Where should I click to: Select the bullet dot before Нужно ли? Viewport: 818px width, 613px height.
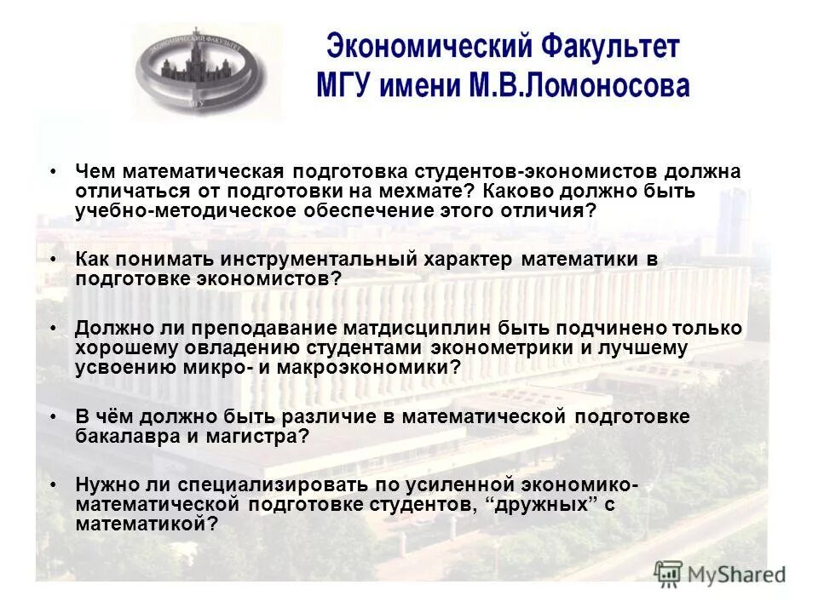pyautogui.click(x=54, y=484)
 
